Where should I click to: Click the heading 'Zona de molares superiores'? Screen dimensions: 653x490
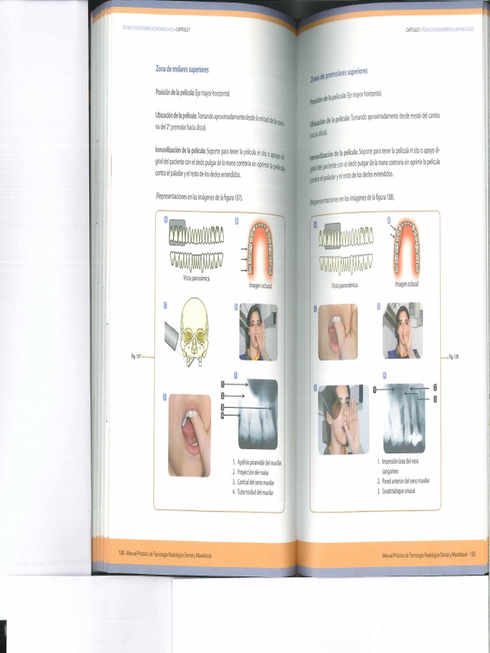click(x=182, y=69)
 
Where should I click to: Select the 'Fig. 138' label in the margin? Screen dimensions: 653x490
click(x=453, y=357)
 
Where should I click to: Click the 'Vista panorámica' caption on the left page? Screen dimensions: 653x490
click(x=196, y=279)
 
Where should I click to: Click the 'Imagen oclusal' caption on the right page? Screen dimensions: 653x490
click(x=406, y=284)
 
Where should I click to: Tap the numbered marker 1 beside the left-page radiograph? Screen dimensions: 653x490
click(x=223, y=385)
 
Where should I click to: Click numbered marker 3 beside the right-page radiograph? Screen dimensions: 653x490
click(x=435, y=399)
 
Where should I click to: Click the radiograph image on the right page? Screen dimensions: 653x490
click(x=404, y=418)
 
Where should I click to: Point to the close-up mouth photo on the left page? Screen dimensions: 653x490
click(x=189, y=435)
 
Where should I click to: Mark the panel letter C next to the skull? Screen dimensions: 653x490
click(x=165, y=305)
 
